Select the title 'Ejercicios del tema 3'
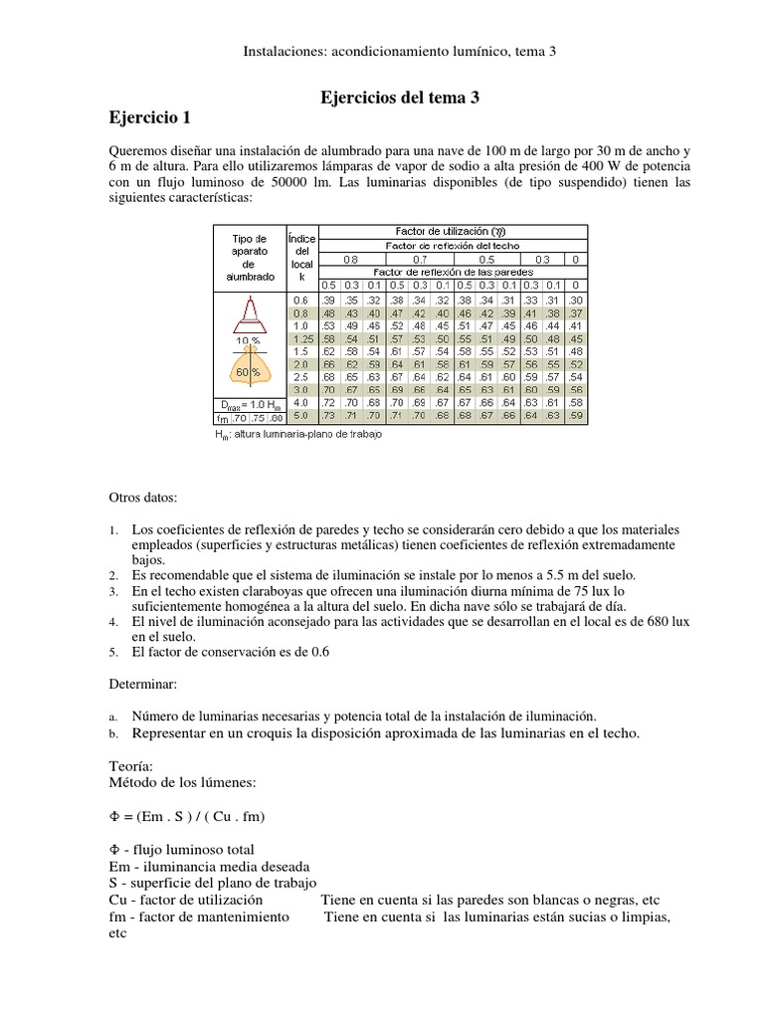399,97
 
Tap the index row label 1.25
300,338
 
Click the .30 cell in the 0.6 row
574,300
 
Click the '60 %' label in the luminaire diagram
249,372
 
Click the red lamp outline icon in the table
249,315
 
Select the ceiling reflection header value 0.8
350,259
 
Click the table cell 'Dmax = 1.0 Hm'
249,404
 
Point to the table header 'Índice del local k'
300,257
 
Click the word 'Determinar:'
143,685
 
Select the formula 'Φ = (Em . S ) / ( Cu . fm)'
187,817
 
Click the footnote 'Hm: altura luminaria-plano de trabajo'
297,434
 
